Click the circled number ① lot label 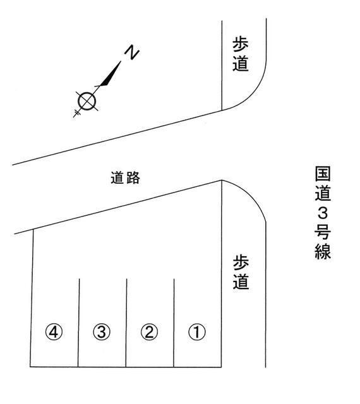197,332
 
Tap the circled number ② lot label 149,332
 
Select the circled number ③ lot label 102,332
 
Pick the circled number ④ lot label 54,332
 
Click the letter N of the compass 132,52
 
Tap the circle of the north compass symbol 87,101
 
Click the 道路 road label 125,178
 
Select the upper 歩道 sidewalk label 241,54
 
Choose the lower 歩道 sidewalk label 241,272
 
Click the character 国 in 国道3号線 323,174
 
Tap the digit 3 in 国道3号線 323,213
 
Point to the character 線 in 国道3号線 323,252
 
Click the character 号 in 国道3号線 323,232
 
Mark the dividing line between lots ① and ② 174,323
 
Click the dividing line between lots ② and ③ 126,323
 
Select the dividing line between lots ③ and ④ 79,323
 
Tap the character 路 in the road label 133,178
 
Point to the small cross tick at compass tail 77,113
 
